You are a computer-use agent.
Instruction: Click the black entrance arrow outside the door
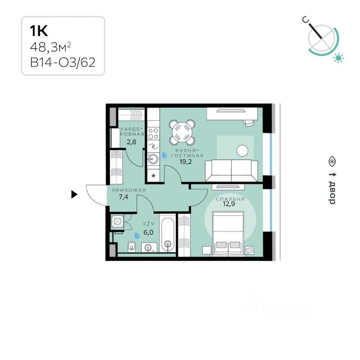click(74, 194)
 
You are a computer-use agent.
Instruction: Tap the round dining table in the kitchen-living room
click(182, 132)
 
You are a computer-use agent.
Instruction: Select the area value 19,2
click(185, 162)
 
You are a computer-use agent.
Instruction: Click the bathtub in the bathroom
click(168, 233)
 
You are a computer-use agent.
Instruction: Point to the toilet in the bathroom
click(132, 247)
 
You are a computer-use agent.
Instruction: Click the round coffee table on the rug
click(242, 151)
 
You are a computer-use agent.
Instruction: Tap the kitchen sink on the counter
click(153, 158)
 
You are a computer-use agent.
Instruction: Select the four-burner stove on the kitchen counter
click(153, 134)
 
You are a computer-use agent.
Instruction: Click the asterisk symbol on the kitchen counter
click(153, 176)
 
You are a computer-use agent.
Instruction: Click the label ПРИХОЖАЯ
click(129, 190)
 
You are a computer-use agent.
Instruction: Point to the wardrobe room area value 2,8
click(131, 142)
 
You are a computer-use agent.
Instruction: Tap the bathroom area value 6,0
click(148, 232)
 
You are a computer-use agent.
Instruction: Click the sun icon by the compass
click(338, 58)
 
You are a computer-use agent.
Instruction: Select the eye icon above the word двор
click(332, 161)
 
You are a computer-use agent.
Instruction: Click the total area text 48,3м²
click(50, 47)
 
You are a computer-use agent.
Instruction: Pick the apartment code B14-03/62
click(63, 62)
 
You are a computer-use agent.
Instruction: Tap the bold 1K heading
click(39, 31)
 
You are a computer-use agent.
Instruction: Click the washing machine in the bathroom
click(117, 222)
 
